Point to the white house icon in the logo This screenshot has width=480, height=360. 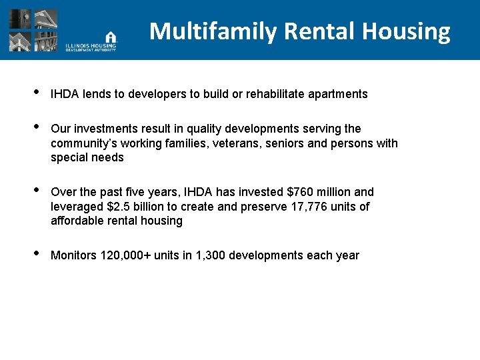111,37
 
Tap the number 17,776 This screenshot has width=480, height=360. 311,207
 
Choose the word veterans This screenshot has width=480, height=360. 243,143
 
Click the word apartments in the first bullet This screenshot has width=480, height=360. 337,94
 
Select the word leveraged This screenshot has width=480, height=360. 77,207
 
